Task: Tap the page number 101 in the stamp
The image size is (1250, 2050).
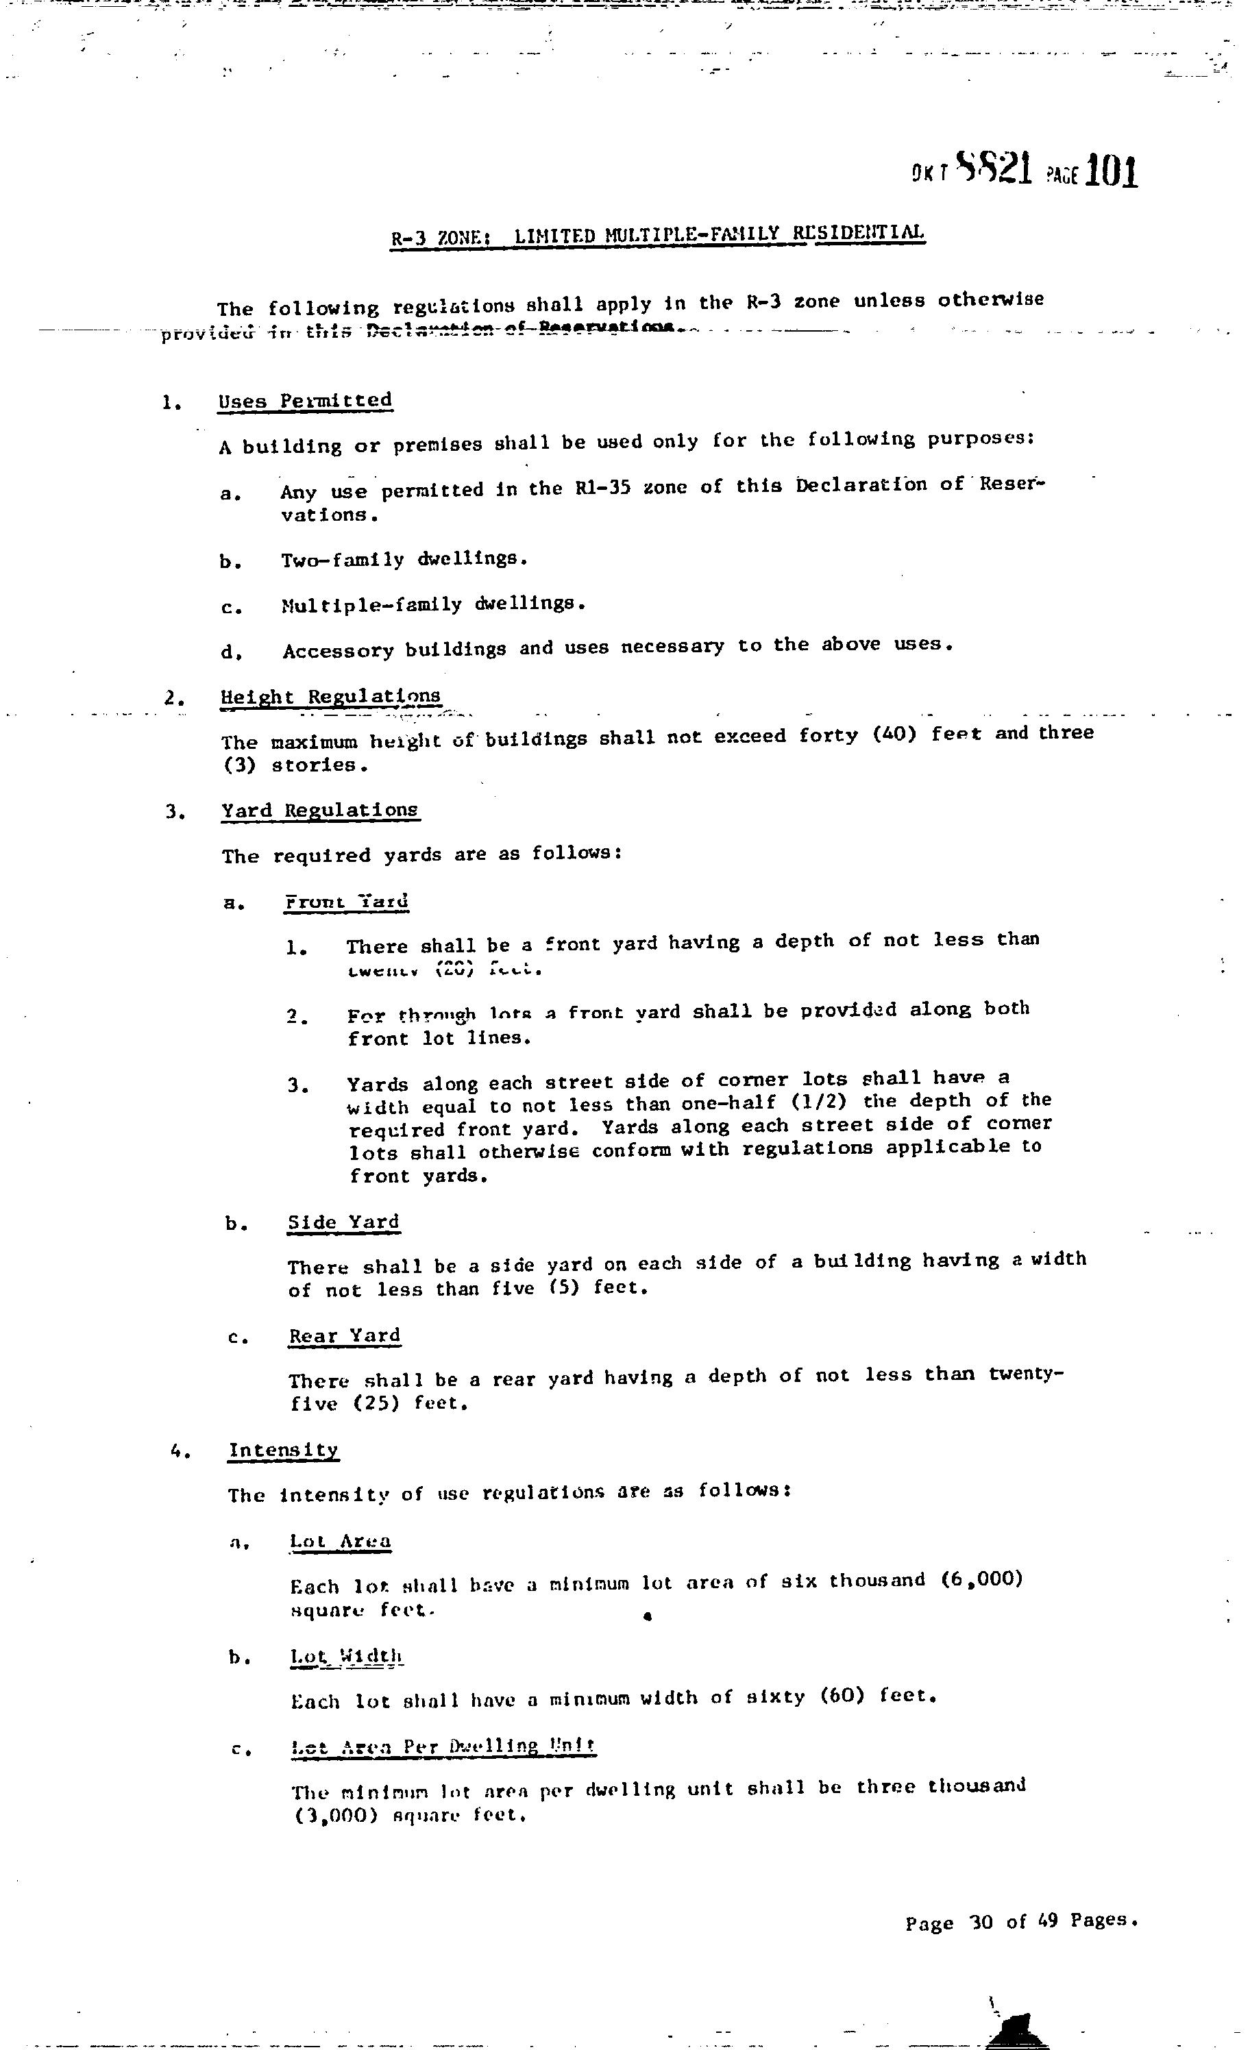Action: tap(1110, 171)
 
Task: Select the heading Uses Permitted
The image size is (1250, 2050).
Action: tap(304, 400)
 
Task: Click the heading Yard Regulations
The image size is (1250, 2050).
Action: tap(319, 810)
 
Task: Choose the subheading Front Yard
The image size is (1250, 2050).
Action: tap(346, 902)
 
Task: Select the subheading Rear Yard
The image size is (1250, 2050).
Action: tap(345, 1335)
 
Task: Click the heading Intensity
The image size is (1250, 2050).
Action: tap(283, 1450)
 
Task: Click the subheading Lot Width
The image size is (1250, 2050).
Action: tap(346, 1657)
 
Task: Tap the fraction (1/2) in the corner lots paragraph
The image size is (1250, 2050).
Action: tap(819, 1102)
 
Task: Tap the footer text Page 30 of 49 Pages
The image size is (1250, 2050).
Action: tap(1021, 1923)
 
